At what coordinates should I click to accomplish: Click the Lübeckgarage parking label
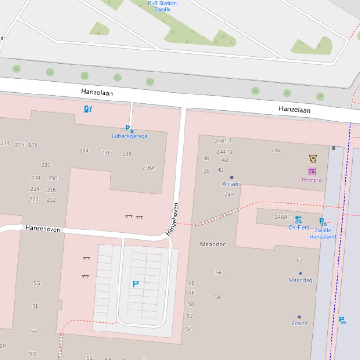point(130,136)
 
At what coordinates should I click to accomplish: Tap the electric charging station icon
point(88,109)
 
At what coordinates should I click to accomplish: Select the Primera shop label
point(311,180)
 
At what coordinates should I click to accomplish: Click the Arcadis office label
point(232,184)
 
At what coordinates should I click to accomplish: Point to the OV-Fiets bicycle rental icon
point(298,220)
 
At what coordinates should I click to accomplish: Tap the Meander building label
point(213,244)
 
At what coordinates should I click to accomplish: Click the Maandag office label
point(300,280)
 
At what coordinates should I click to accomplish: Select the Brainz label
point(299,323)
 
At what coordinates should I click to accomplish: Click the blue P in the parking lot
point(136,284)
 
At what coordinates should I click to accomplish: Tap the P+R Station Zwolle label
point(162,6)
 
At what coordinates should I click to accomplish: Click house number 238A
point(148,168)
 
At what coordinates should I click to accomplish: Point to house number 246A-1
point(283,217)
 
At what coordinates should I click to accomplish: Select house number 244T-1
point(223,141)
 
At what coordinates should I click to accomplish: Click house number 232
point(46,165)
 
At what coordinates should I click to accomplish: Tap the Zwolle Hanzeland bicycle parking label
point(323,233)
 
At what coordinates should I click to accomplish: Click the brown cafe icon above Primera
point(313,158)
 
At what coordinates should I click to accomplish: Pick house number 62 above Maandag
point(300,260)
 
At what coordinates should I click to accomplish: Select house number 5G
point(37,283)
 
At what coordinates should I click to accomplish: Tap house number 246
point(275,150)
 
